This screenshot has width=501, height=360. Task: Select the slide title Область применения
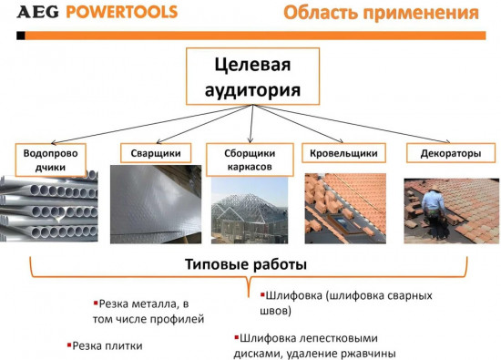(x=380, y=14)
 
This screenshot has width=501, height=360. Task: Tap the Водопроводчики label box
(x=51, y=161)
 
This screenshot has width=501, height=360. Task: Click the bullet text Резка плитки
(x=108, y=346)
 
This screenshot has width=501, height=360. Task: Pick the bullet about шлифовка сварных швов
(x=346, y=303)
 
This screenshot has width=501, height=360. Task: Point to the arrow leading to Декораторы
(x=383, y=127)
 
